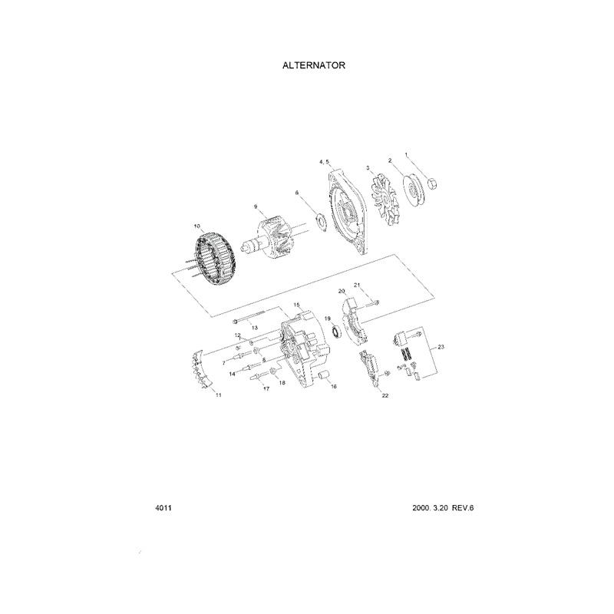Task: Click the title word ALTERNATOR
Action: pos(314,65)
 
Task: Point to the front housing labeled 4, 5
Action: pos(350,210)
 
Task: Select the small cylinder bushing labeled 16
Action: pos(324,376)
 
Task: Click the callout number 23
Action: pos(441,348)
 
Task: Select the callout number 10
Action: pos(197,226)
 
